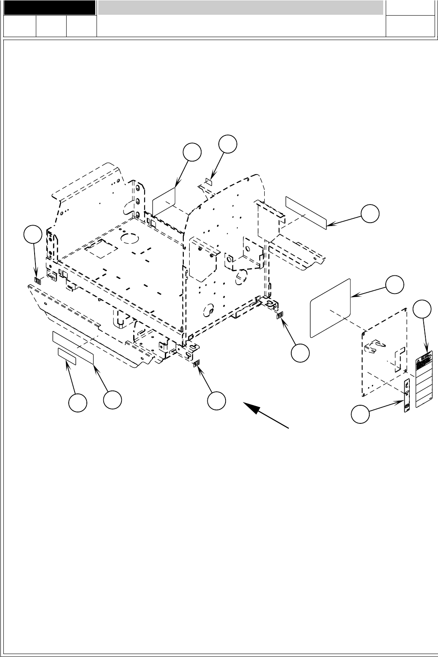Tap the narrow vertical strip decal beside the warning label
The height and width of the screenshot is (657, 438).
pyautogui.click(x=407, y=396)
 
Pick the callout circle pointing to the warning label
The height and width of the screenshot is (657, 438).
pyautogui.click(x=423, y=309)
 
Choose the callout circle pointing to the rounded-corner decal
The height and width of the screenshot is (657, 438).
pyautogui.click(x=395, y=285)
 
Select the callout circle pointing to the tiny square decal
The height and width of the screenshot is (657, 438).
pyautogui.click(x=228, y=143)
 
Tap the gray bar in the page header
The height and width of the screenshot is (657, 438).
pyautogui.click(x=241, y=8)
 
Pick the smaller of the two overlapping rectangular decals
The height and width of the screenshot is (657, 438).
pyautogui.click(x=67, y=357)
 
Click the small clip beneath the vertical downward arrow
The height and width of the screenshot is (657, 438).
pyautogui.click(x=38, y=281)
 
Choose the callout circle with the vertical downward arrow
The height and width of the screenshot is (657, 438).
pyautogui.click(x=33, y=234)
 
